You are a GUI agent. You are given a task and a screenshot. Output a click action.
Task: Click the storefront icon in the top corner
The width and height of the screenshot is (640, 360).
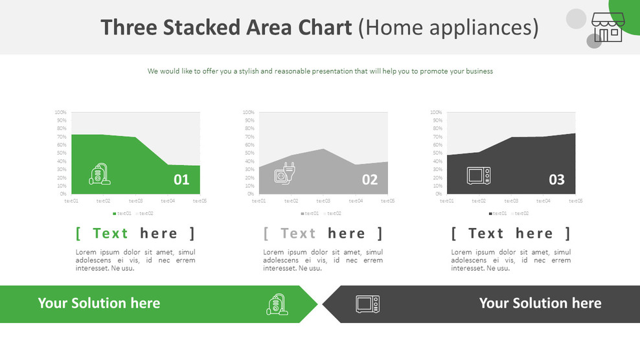607,27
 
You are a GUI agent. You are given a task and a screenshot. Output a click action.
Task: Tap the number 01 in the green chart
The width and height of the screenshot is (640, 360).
181,179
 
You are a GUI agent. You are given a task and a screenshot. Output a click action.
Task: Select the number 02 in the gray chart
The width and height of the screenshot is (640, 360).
369,179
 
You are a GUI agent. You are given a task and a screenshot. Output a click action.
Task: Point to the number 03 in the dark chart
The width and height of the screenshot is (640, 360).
557,179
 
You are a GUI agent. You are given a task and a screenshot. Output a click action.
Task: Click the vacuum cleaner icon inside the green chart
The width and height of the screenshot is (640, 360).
100,175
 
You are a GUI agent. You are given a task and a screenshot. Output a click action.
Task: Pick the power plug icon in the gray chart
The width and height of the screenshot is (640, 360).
285,175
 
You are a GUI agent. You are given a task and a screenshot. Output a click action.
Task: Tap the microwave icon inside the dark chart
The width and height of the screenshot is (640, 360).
479,176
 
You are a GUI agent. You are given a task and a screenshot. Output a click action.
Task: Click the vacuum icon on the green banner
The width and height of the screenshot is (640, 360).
277,304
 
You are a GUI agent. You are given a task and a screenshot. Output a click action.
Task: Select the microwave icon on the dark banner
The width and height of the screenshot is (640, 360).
368,304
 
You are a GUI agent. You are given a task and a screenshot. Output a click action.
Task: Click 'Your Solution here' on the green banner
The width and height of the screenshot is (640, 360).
98,303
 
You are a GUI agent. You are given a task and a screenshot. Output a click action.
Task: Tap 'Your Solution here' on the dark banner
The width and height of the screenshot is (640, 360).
540,303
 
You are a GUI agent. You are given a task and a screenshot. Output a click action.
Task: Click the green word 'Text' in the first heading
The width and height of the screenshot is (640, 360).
111,233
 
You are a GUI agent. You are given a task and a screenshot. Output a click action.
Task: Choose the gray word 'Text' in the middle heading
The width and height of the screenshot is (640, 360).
298,233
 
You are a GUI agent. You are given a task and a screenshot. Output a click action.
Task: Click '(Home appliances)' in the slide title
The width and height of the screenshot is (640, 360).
448,27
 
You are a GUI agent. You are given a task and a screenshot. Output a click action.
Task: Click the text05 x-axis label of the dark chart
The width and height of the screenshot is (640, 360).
575,201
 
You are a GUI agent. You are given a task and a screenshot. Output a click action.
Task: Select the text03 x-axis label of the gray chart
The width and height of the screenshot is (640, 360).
323,201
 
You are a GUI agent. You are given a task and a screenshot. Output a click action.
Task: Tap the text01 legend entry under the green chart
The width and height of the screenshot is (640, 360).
123,213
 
